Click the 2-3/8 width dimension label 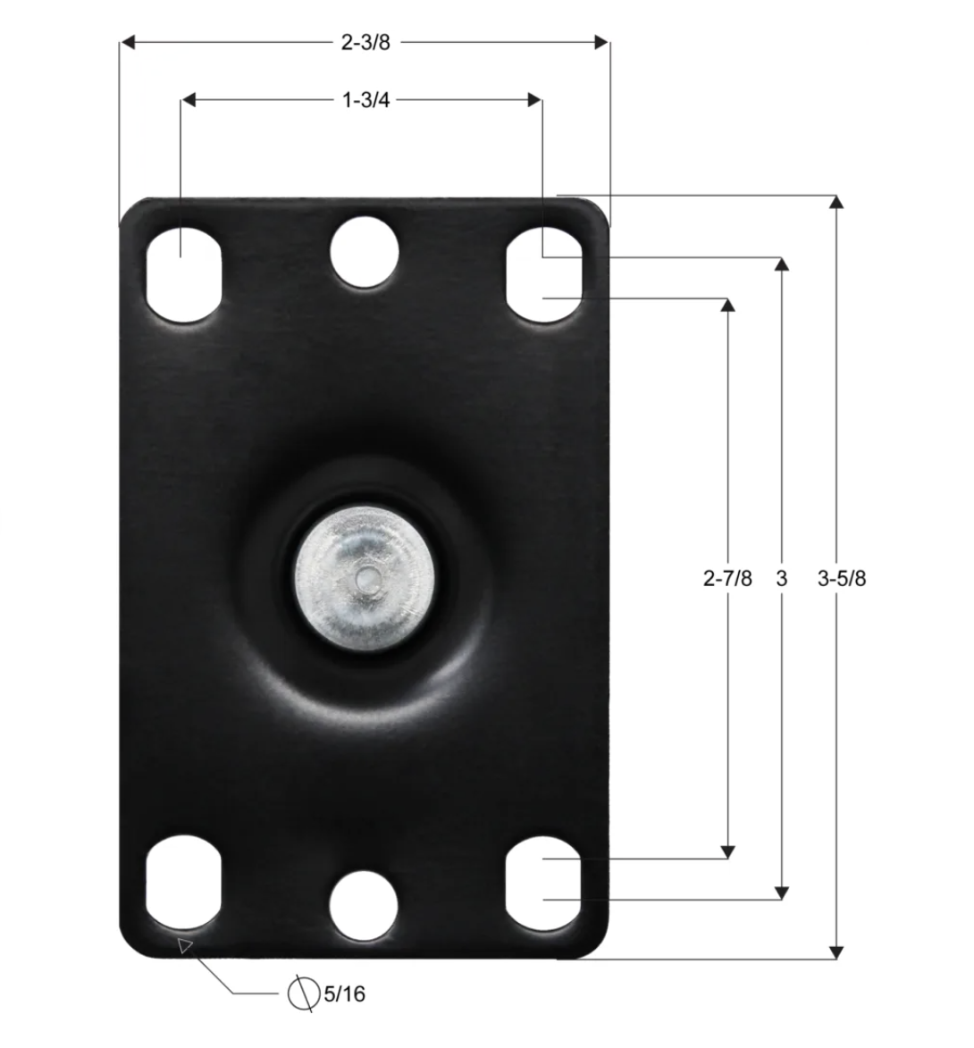coord(365,42)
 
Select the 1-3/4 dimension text coord(365,99)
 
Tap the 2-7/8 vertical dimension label coord(727,577)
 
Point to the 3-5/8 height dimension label coord(842,577)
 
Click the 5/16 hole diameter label coord(345,994)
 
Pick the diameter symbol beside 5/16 coord(304,994)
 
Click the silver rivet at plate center coord(365,578)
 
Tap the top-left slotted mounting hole coord(184,274)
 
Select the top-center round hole coord(365,253)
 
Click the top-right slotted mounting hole coord(544,274)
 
